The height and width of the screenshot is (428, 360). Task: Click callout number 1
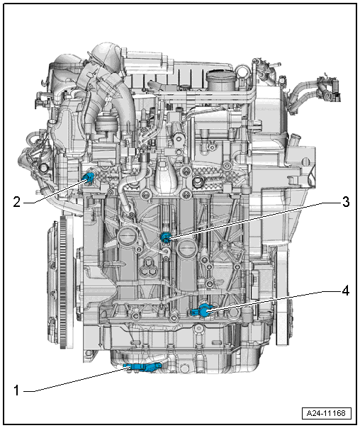pyautogui.click(x=16, y=390)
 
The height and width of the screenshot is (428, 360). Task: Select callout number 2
pyautogui.click(x=17, y=202)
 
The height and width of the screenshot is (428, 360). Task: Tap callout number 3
pyautogui.click(x=346, y=202)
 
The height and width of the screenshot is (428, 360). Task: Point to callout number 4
pyautogui.click(x=346, y=291)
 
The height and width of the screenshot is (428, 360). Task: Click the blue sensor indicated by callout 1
pyautogui.click(x=142, y=367)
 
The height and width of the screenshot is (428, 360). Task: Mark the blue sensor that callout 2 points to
pyautogui.click(x=89, y=178)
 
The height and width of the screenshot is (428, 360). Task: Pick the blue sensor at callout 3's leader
pyautogui.click(x=165, y=237)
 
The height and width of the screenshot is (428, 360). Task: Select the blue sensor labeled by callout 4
pyautogui.click(x=202, y=311)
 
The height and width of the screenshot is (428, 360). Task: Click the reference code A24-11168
pyautogui.click(x=326, y=413)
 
